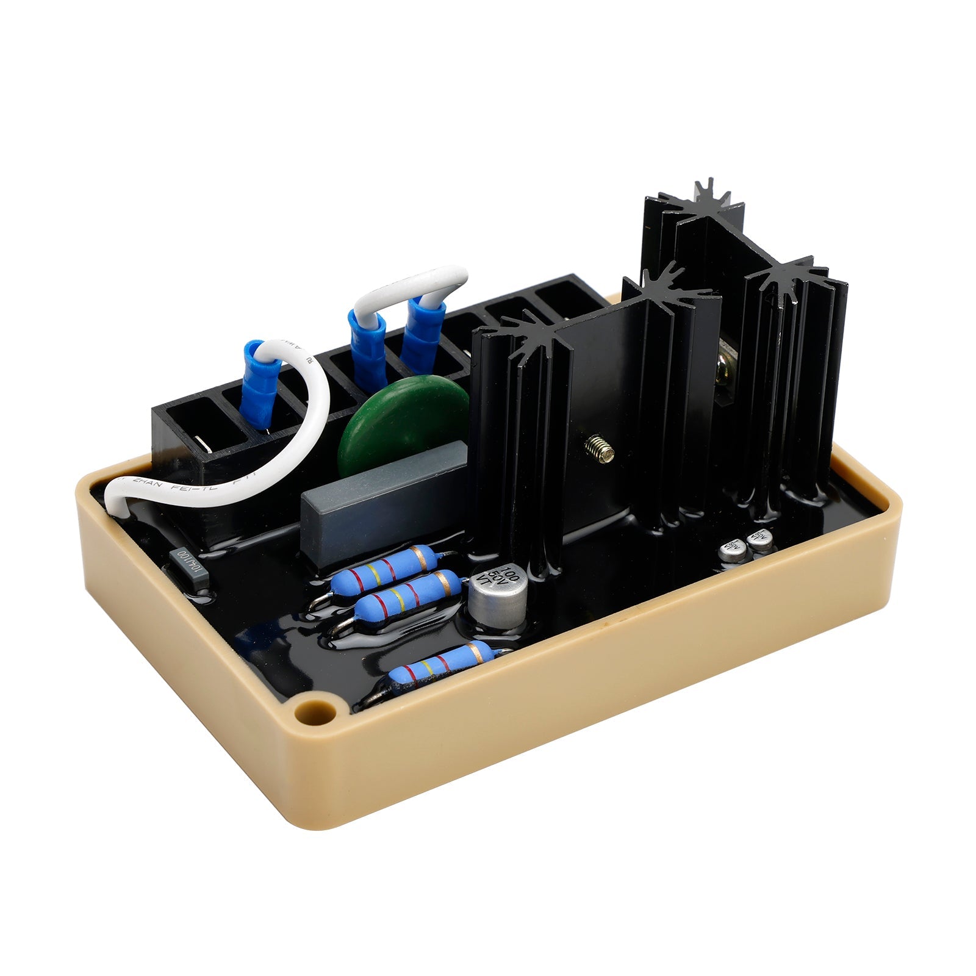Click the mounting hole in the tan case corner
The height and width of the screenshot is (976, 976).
click(x=317, y=711)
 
